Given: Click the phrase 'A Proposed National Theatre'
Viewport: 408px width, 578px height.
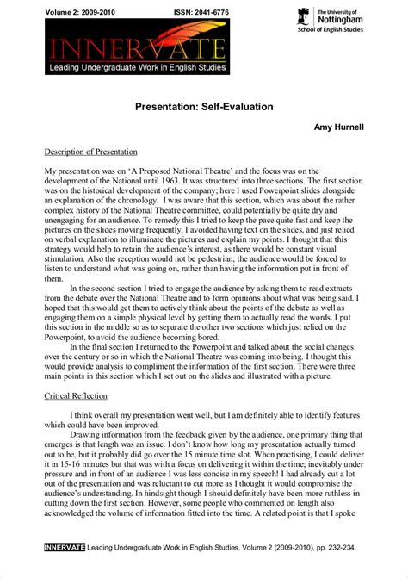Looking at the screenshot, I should click(x=164, y=171).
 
